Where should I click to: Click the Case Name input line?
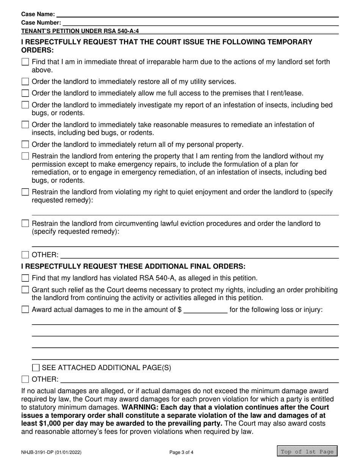click(197, 14)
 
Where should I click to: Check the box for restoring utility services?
click(25, 81)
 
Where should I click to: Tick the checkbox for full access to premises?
click(25, 93)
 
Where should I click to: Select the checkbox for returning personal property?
click(25, 144)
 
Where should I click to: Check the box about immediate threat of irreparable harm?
click(25, 62)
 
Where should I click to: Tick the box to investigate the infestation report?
click(25, 105)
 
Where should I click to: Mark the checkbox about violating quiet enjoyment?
click(25, 192)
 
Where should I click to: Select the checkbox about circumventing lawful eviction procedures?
click(25, 224)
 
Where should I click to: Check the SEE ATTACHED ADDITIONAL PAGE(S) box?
click(36, 367)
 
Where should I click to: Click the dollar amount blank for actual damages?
click(205, 310)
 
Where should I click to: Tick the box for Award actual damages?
click(25, 310)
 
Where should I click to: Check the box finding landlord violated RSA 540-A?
click(25, 278)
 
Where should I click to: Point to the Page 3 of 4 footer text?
click(181, 452)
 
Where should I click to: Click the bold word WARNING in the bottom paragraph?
click(138, 407)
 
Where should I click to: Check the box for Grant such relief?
click(25, 290)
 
